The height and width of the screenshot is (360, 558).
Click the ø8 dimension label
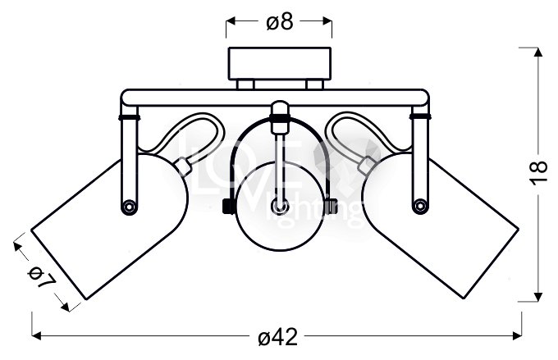pos(280,23)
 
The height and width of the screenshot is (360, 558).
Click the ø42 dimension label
pos(278,336)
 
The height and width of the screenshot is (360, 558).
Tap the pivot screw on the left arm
pos(129,204)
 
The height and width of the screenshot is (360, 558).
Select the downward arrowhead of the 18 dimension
pos(537,298)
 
